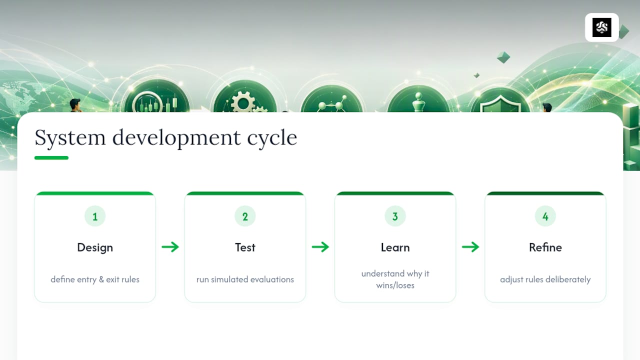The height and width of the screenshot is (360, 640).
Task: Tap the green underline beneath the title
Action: click(51, 157)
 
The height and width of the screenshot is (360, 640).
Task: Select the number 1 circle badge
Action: click(95, 216)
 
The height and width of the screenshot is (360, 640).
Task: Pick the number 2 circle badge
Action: click(245, 216)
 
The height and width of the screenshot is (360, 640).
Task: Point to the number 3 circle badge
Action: click(395, 216)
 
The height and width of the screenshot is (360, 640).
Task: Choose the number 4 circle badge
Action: click(545, 216)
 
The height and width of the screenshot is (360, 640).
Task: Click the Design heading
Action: click(95, 247)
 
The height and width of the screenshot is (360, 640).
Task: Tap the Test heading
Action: click(245, 247)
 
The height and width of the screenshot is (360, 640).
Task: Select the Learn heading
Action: click(395, 247)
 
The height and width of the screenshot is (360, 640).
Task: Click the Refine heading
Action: click(545, 247)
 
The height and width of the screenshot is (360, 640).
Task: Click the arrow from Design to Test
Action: click(170, 247)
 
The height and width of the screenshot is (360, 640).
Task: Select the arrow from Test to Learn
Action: click(320, 247)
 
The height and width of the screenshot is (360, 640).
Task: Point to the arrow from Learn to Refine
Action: click(470, 247)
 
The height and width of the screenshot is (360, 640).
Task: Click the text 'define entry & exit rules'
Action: click(95, 279)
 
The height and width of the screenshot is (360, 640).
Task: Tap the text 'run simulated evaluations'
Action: click(245, 279)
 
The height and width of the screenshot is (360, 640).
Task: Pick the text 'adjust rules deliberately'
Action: click(545, 279)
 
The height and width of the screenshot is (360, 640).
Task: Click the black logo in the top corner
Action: click(601, 27)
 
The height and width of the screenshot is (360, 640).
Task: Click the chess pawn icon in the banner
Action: click(418, 102)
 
